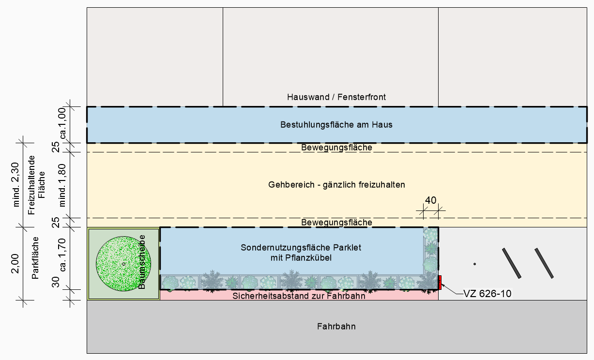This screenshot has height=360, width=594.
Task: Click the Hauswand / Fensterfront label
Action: pyautogui.click(x=336, y=97)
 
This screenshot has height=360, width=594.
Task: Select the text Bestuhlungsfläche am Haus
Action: pyautogui.click(x=336, y=124)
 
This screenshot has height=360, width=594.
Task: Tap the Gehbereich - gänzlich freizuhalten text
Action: pyautogui.click(x=336, y=184)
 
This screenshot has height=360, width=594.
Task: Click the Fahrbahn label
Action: pyautogui.click(x=336, y=326)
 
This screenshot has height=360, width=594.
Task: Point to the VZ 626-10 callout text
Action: pyautogui.click(x=487, y=294)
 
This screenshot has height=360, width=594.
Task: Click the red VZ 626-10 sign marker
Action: pyautogui.click(x=440, y=283)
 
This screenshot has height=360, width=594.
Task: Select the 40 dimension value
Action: pyautogui.click(x=431, y=200)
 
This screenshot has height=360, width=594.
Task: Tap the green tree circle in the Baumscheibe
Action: pyautogui.click(x=123, y=264)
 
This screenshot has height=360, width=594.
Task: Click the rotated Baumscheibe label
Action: pyautogui.click(x=142, y=262)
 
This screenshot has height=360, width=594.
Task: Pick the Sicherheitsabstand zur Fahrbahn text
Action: pyautogui.click(x=299, y=296)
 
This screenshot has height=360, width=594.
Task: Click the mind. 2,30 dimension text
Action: pyautogui.click(x=16, y=184)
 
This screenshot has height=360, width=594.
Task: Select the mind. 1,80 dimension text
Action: pyautogui.click(x=62, y=185)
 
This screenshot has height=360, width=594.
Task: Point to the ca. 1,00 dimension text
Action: pyautogui.click(x=62, y=123)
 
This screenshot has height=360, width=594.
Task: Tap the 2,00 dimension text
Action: pyautogui.click(x=15, y=264)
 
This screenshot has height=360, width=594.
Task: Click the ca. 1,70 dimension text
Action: pyautogui.click(x=62, y=255)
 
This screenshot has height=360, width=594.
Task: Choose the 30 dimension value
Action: pyautogui.click(x=56, y=282)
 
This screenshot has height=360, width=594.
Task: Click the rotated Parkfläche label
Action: pyautogui.click(x=35, y=258)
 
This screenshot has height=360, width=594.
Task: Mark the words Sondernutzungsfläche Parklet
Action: pyautogui.click(x=301, y=248)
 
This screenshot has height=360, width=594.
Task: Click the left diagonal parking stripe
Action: pyautogui.click(x=512, y=263)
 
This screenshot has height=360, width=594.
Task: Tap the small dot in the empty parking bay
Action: pyautogui.click(x=475, y=264)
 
